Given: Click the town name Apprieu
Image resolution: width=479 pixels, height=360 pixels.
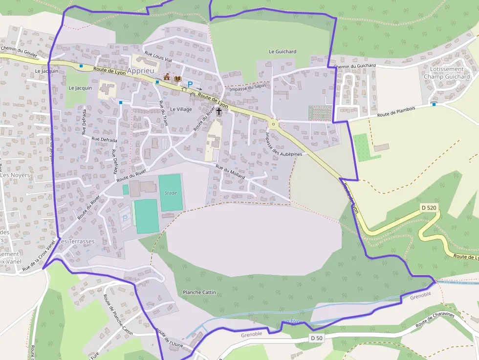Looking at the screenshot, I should coord(140,71).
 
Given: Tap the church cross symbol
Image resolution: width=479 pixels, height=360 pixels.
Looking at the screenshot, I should coord(218,111).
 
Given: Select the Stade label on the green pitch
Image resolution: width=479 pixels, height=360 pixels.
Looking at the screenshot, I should coord(171,192).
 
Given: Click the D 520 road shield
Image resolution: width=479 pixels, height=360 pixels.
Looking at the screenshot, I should coord(428,208).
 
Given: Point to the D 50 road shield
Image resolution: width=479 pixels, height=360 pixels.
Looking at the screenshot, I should coord(316,338).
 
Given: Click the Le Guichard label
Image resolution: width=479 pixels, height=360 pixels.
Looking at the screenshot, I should coord(283,51).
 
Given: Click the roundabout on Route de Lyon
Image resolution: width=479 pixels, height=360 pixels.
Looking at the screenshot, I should coord(273,124).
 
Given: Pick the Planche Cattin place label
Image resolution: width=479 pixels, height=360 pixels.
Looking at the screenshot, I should coord(199,292).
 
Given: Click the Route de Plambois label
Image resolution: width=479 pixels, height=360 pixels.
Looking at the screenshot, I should coord(396,112).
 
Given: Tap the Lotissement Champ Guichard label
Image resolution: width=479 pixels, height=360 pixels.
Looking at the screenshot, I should coord(446,73).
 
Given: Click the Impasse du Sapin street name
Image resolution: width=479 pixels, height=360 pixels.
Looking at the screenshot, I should coord(247,87).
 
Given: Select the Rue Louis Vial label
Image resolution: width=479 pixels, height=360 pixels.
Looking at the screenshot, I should coord(158,56).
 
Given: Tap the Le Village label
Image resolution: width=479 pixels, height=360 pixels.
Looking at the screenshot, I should coord(181,109).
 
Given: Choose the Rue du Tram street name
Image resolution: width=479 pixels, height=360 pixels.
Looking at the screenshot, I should coord(163,113).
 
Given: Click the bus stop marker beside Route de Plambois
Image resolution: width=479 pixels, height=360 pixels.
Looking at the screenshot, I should coord(434,104).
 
